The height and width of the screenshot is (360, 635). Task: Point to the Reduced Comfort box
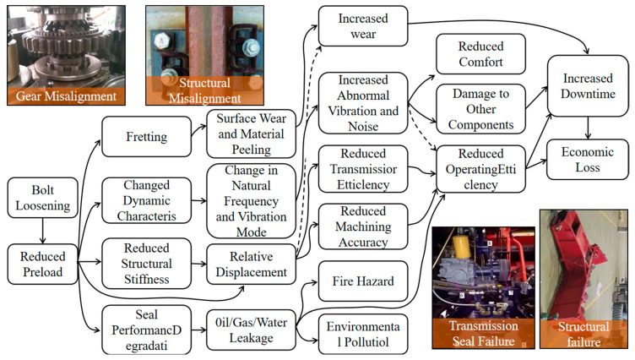(480, 53)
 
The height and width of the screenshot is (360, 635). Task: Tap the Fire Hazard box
(362, 278)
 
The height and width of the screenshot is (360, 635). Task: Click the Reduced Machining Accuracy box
(362, 226)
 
